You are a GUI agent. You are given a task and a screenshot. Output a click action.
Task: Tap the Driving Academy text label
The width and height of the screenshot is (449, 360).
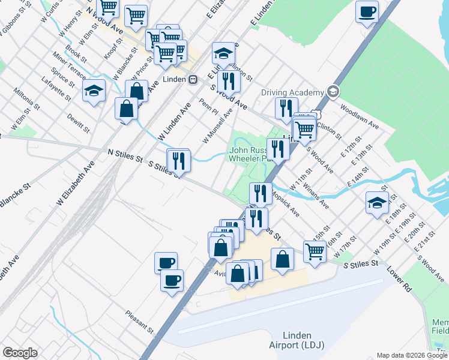pyautogui.click(x=292, y=92)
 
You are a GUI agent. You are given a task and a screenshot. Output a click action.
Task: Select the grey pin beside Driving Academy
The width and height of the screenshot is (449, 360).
pyautogui.click(x=333, y=92)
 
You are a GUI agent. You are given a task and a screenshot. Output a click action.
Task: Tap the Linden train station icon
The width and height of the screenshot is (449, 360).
pyautogui.click(x=193, y=79)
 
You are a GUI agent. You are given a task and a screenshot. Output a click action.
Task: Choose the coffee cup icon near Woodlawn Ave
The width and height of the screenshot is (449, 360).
pyautogui.click(x=367, y=11)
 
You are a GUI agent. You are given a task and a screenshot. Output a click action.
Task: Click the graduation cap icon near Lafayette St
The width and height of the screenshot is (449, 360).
pyautogui.click(x=94, y=91)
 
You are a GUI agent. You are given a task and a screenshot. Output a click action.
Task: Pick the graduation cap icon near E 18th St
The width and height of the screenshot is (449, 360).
pyautogui.click(x=376, y=203)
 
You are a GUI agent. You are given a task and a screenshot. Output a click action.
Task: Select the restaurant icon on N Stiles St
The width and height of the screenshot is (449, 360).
pyautogui.click(x=178, y=160)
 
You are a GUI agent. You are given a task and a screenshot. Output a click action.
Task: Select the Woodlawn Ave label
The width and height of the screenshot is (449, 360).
pyautogui.click(x=359, y=117)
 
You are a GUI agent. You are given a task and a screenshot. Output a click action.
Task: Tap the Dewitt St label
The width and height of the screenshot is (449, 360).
pyautogui.click(x=78, y=123)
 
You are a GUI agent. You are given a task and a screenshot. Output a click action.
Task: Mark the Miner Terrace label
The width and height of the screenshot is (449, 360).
pyautogui.click(x=69, y=64)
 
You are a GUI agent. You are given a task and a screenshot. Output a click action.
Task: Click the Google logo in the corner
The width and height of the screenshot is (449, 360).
pyautogui.click(x=20, y=353)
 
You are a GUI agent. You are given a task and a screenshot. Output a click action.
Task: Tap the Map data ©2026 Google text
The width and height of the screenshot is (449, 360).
pyautogui.click(x=412, y=355)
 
